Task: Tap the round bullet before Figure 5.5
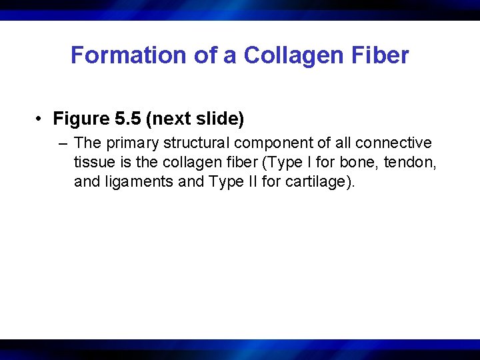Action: click(x=41, y=119)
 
